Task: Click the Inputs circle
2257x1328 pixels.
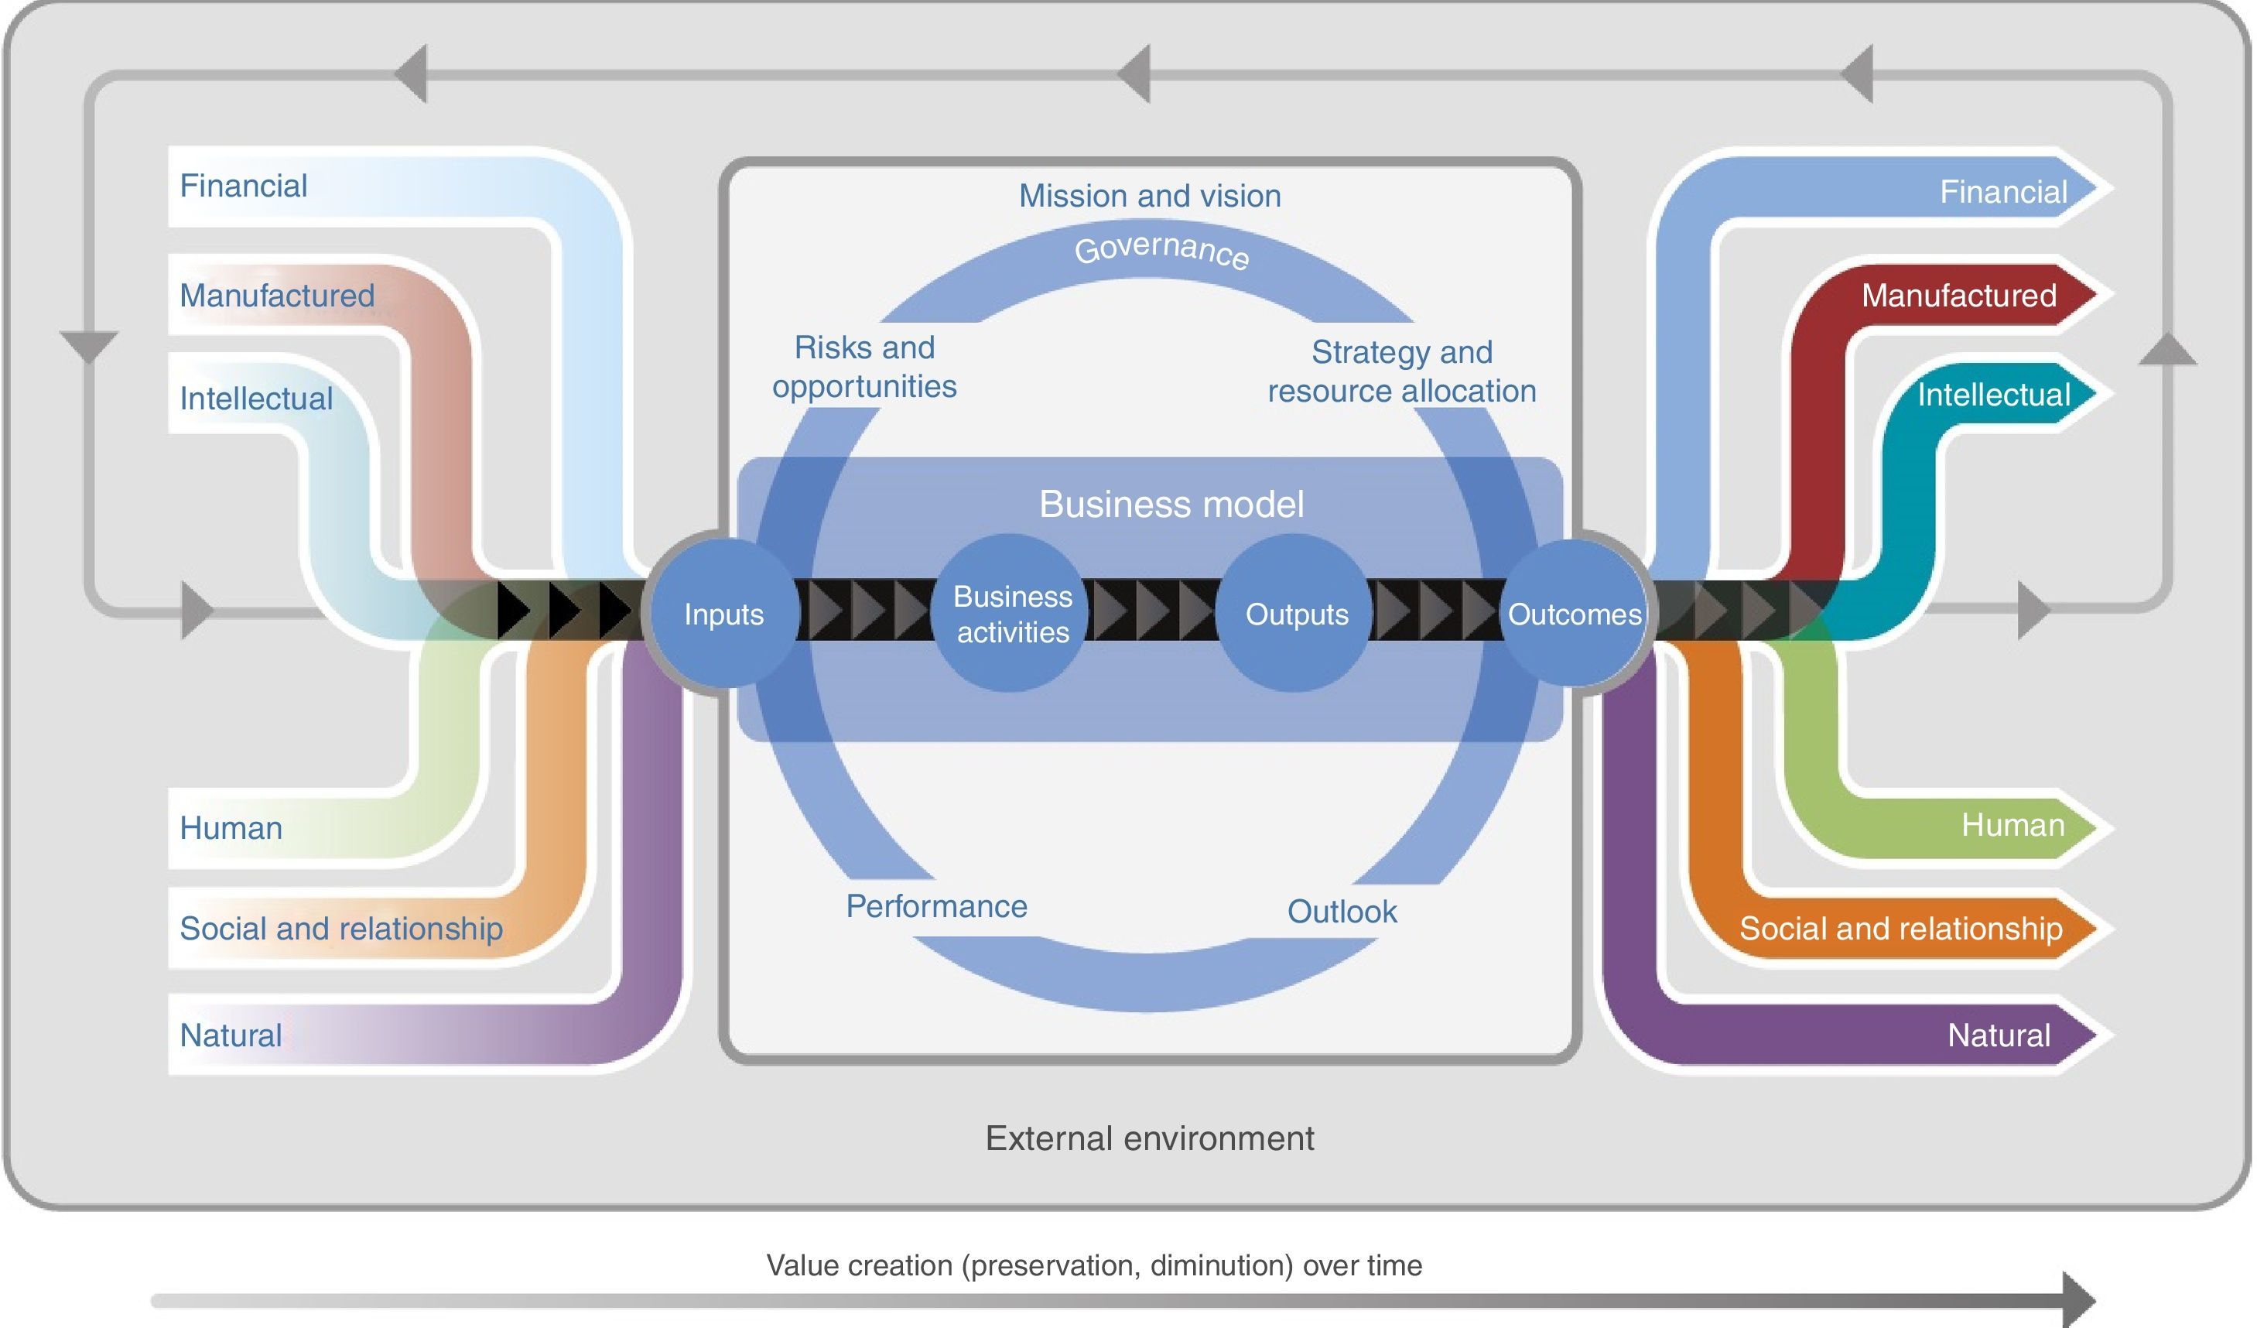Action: pyautogui.click(x=723, y=614)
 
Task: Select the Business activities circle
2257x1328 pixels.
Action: pyautogui.click(x=1011, y=614)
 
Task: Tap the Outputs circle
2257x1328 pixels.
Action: pyautogui.click(x=1296, y=614)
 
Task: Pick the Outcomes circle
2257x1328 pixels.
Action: pyautogui.click(x=1575, y=614)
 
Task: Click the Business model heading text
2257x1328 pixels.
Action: pyautogui.click(x=1171, y=505)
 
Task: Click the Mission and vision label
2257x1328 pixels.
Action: pyautogui.click(x=1150, y=195)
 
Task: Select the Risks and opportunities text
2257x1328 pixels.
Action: pyautogui.click(x=864, y=367)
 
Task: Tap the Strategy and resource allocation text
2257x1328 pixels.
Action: pyautogui.click(x=1402, y=371)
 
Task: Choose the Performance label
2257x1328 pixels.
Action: pyautogui.click(x=936, y=906)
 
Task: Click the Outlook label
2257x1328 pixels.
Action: pyautogui.click(x=1342, y=912)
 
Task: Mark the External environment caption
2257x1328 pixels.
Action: pyautogui.click(x=1149, y=1138)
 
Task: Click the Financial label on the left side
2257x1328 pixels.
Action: pyautogui.click(x=243, y=186)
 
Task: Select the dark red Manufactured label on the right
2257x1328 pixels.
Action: pyautogui.click(x=1959, y=295)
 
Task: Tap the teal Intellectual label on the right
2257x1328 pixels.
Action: pyautogui.click(x=1994, y=394)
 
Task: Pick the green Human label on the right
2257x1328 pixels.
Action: pyautogui.click(x=2012, y=824)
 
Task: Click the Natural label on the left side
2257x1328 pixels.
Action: pyautogui.click(x=230, y=1035)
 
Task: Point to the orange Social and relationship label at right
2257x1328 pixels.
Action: pyautogui.click(x=1900, y=929)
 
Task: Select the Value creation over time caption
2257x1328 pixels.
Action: pyautogui.click(x=1093, y=1265)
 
